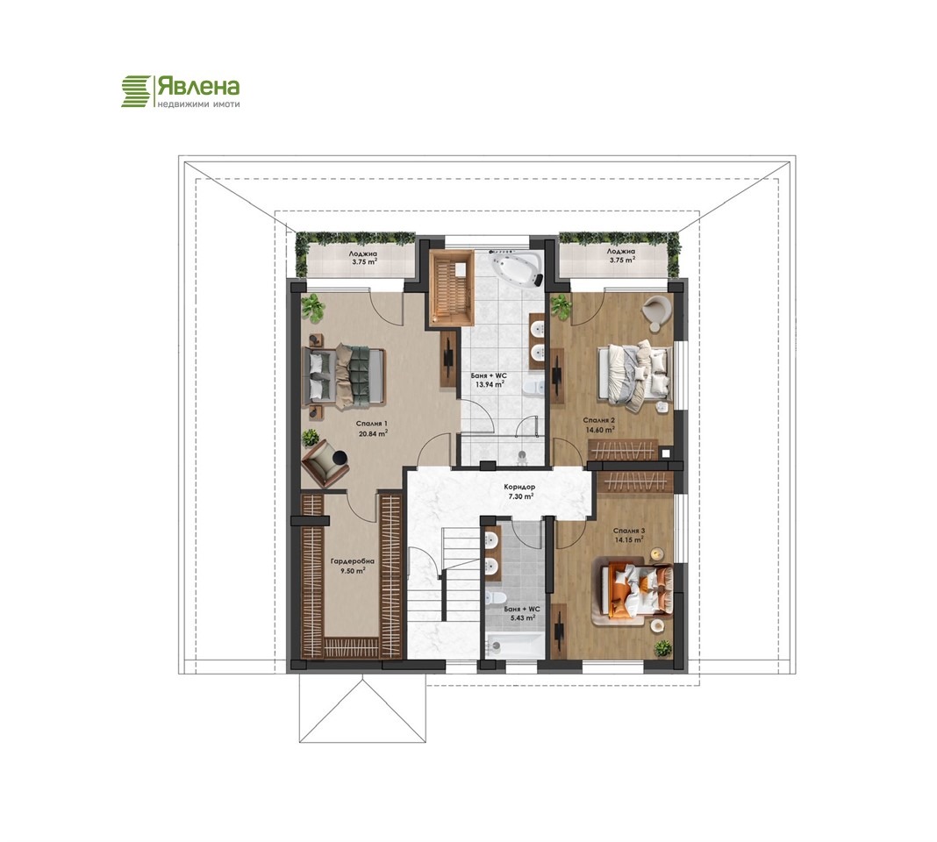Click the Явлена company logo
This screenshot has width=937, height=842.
click(x=181, y=91)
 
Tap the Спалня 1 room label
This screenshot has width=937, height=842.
click(x=370, y=424)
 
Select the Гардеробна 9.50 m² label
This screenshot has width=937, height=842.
click(x=353, y=566)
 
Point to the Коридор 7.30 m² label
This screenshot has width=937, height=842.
click(x=520, y=491)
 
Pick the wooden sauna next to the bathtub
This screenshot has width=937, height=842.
click(x=452, y=288)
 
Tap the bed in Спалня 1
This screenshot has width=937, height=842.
click(x=346, y=376)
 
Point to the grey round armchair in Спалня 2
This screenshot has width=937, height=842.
click(x=657, y=310)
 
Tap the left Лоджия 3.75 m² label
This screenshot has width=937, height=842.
click(x=363, y=256)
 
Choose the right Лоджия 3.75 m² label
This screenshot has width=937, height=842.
click(x=621, y=256)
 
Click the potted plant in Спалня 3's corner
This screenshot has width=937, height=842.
click(x=662, y=648)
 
